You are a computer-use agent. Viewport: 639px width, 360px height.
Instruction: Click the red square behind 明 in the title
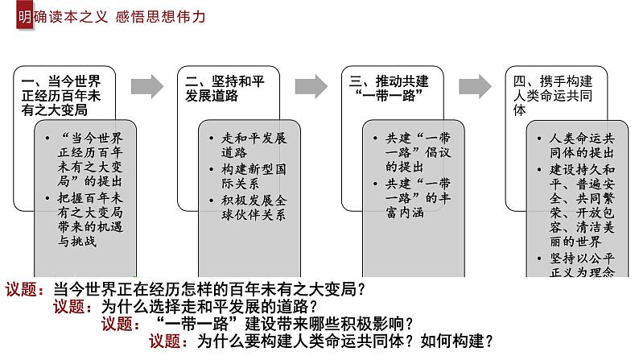pyautogui.click(x=25, y=16)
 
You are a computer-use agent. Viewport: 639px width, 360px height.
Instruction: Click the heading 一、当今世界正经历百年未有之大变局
pyautogui.click(x=61, y=96)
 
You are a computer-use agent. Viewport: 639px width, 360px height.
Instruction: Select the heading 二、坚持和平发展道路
pyautogui.click(x=225, y=89)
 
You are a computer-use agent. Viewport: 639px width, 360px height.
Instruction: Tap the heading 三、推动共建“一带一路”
pyautogui.click(x=389, y=89)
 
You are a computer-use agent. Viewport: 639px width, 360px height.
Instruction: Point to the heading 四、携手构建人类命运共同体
pyautogui.click(x=553, y=96)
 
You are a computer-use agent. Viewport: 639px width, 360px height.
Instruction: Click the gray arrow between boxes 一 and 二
pyautogui.click(x=147, y=86)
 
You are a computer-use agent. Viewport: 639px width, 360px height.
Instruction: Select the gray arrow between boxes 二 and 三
pyautogui.click(x=311, y=86)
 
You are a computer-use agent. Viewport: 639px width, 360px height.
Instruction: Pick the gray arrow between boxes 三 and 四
pyautogui.click(x=475, y=86)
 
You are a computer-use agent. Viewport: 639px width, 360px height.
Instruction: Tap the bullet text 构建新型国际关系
pyautogui.click(x=254, y=176)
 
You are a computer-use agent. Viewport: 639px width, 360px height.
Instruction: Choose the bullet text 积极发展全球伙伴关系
pyautogui.click(x=254, y=208)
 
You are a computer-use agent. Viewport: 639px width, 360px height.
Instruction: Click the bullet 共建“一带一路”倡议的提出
pyautogui.click(x=418, y=152)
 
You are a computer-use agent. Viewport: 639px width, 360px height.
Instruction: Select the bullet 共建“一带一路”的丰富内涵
pyautogui.click(x=418, y=198)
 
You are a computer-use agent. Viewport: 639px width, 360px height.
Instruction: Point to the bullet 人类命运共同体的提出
pyautogui.click(x=582, y=145)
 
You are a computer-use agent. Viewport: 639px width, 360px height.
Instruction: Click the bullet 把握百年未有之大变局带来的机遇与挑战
pyautogui.click(x=90, y=220)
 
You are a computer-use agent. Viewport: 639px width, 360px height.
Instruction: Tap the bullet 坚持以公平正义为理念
pyautogui.click(x=582, y=265)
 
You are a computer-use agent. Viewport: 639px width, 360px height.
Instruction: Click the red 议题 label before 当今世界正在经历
pyautogui.click(x=25, y=289)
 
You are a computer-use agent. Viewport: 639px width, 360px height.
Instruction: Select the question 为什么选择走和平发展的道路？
pyautogui.click(x=209, y=307)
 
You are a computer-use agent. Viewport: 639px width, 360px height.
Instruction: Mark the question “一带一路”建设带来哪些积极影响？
pyautogui.click(x=285, y=324)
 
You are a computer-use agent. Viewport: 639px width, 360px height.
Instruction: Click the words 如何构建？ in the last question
pyautogui.click(x=457, y=341)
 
